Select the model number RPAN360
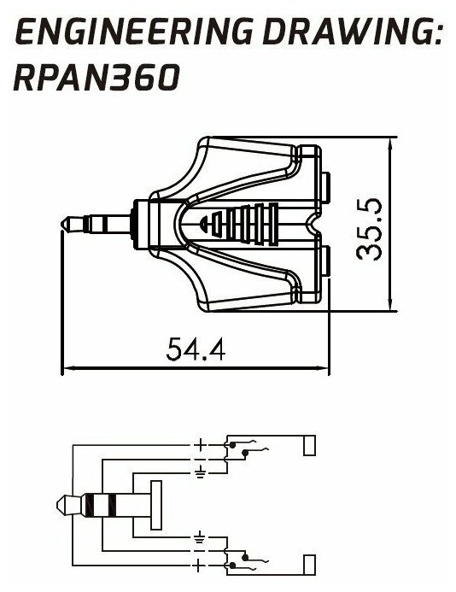pyautogui.click(x=96, y=78)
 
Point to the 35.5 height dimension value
pyautogui.click(x=369, y=230)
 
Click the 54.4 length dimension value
pyautogui.click(x=196, y=349)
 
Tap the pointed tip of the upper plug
pyautogui.click(x=61, y=224)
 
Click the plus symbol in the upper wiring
pyautogui.click(x=200, y=445)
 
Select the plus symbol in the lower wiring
pyautogui.click(x=200, y=566)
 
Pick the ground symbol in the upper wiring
pyautogui.click(x=201, y=472)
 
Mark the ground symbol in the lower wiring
pyautogui.click(x=200, y=536)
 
